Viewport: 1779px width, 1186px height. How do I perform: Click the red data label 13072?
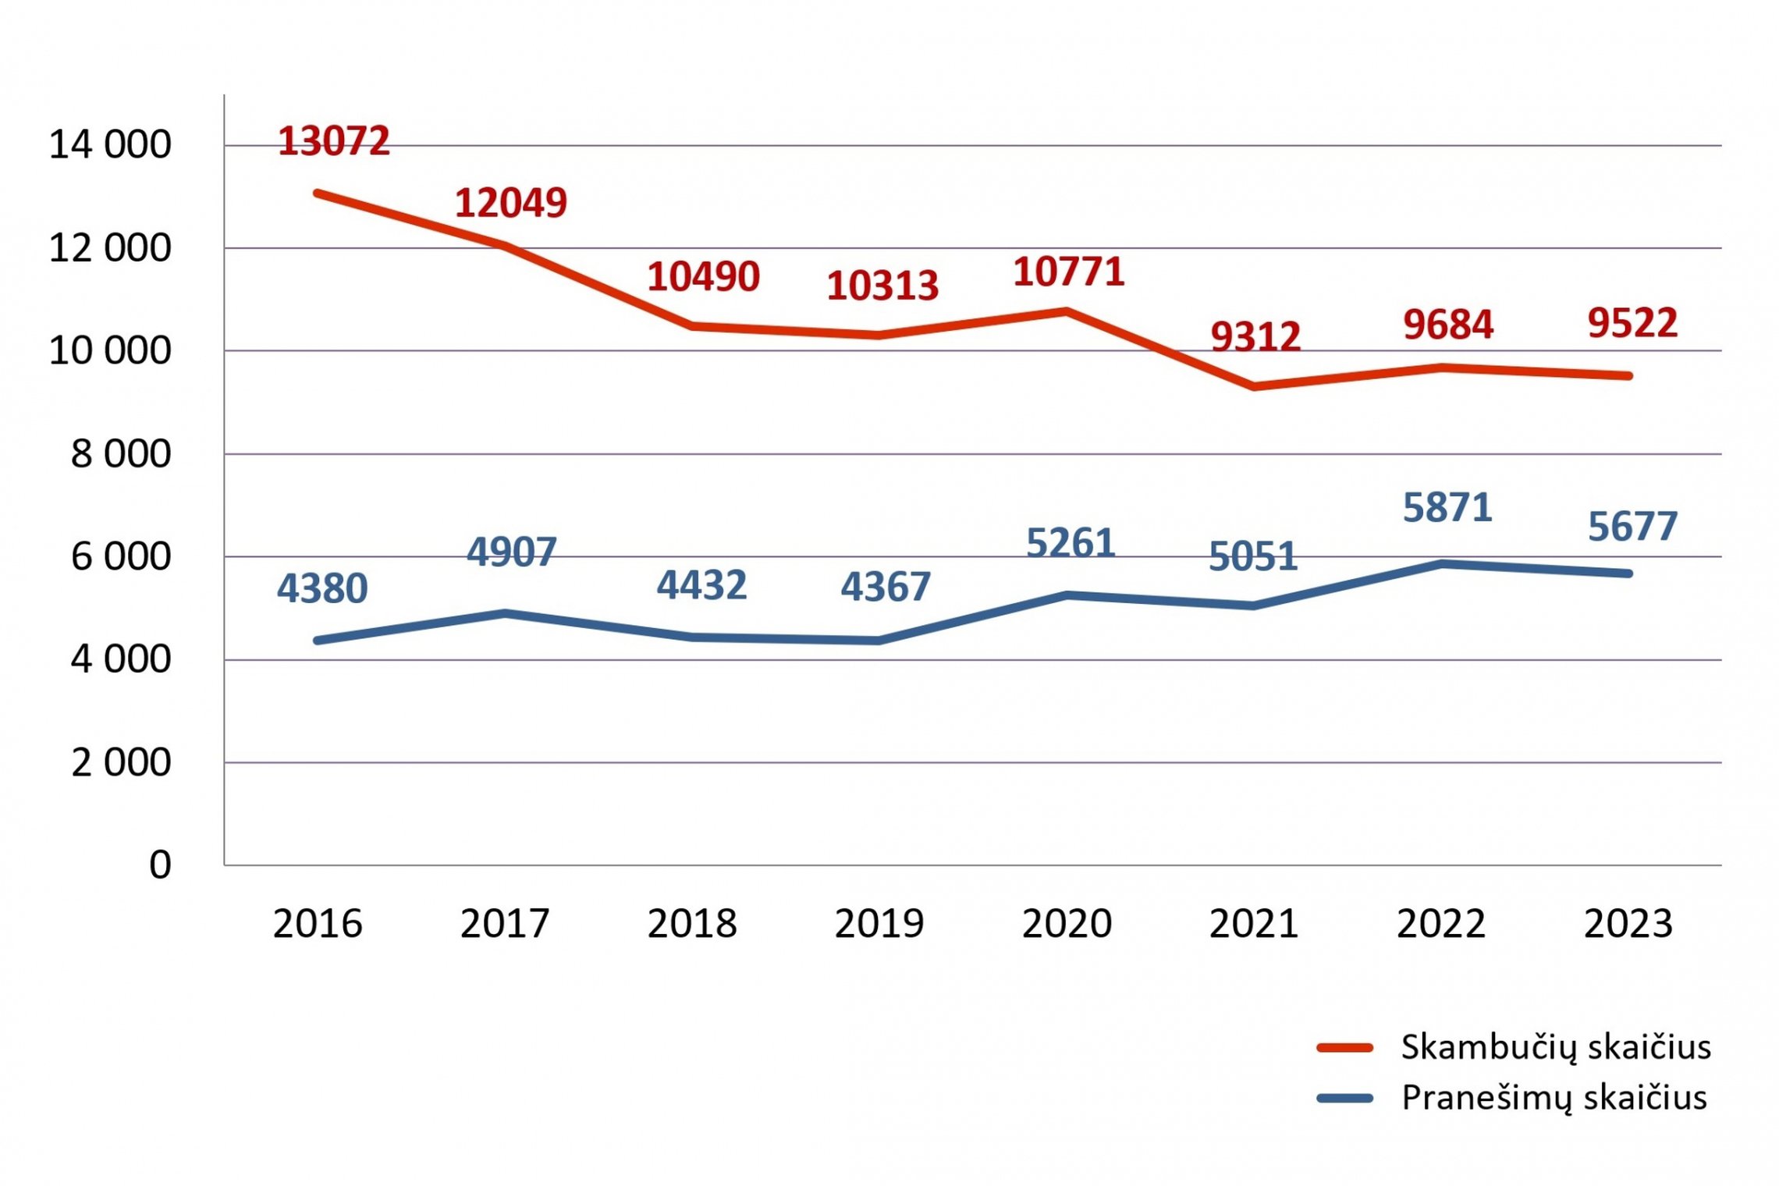point(334,141)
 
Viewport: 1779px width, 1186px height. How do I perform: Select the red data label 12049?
point(511,203)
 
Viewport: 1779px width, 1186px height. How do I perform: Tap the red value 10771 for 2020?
point(1069,272)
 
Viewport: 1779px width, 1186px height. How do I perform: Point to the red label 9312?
point(1255,337)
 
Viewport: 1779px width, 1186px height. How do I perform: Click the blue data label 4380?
point(322,588)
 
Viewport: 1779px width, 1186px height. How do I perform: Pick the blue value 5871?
point(1447,508)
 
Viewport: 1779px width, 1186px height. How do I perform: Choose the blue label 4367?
point(886,587)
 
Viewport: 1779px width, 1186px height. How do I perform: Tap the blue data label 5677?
point(1632,527)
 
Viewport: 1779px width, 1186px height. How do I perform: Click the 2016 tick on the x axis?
point(318,924)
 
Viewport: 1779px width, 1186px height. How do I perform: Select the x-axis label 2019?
point(879,924)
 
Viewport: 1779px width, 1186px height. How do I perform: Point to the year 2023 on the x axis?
point(1628,924)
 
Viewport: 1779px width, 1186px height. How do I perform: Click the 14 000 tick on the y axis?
point(110,144)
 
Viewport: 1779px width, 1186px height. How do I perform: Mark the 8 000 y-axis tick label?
point(121,453)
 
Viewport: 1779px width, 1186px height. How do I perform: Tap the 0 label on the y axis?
point(160,865)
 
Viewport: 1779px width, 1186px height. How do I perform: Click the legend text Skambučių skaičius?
point(1556,1047)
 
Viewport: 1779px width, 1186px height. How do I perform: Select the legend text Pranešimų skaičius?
point(1554,1098)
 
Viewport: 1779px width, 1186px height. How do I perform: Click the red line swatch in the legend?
point(1344,1048)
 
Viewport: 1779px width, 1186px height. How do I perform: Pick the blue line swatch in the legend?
point(1344,1099)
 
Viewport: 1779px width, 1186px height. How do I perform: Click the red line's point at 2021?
point(1254,386)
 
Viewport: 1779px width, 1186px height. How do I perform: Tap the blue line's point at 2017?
point(505,613)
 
